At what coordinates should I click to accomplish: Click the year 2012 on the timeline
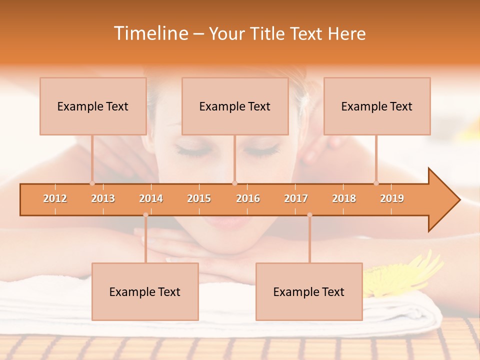click(x=55, y=198)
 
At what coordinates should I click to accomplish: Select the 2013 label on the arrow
click(x=103, y=198)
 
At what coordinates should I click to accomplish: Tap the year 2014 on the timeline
click(x=151, y=198)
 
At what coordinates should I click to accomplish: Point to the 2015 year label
click(x=199, y=198)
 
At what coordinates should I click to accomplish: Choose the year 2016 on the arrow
click(x=248, y=198)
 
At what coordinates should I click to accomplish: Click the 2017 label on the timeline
click(x=296, y=198)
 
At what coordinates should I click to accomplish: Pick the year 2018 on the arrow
click(x=344, y=198)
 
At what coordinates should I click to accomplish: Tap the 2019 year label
click(x=392, y=198)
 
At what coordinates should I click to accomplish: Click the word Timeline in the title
click(x=150, y=33)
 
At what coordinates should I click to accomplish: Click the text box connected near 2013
click(x=93, y=106)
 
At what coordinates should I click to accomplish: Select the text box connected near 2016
click(x=235, y=106)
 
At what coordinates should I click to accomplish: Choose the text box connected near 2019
click(x=377, y=106)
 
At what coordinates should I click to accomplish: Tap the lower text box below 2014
click(x=145, y=291)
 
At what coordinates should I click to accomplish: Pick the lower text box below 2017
click(x=309, y=291)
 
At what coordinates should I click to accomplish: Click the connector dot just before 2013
click(x=92, y=183)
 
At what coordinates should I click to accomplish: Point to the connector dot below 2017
click(x=309, y=215)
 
